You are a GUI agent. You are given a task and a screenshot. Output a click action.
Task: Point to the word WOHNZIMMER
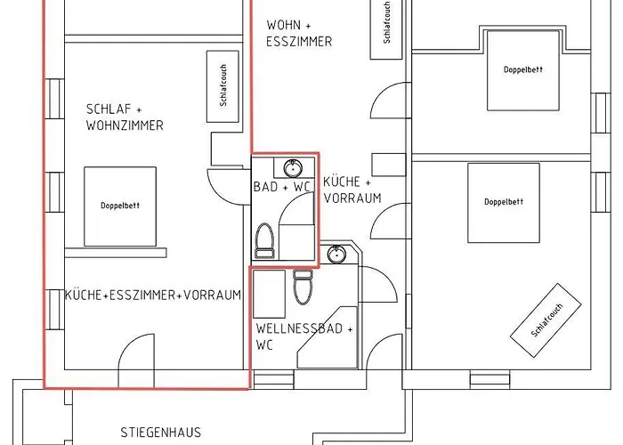(x=125, y=125)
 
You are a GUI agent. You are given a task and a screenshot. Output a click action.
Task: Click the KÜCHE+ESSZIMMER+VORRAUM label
(x=153, y=295)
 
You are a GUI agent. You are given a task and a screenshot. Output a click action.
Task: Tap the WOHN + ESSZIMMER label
(x=299, y=33)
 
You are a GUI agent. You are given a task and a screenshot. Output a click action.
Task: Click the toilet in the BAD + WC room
(x=264, y=239)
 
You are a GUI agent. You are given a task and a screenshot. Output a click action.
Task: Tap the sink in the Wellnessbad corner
(x=336, y=255)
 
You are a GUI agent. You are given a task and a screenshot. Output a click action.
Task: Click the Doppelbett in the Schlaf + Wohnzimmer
(x=120, y=206)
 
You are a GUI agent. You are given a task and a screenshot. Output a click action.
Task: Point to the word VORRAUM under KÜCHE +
(x=352, y=198)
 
